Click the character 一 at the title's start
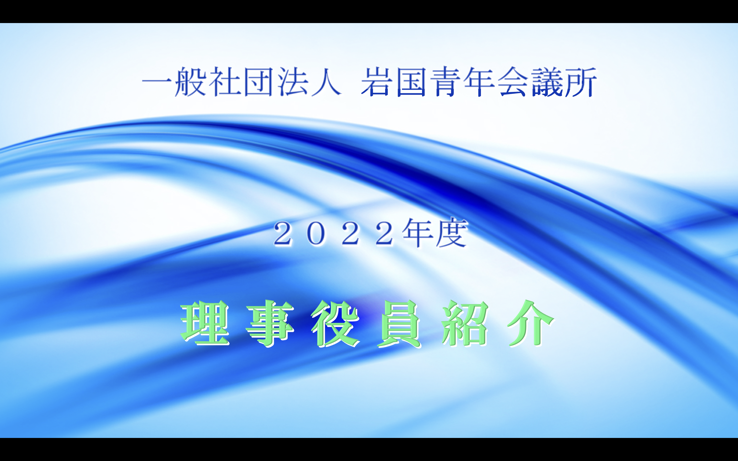pyautogui.click(x=157, y=82)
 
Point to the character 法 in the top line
pyautogui.click(x=292, y=82)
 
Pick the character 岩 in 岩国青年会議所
pyautogui.click(x=376, y=82)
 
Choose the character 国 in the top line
pyautogui.click(x=411, y=82)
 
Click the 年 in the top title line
pyautogui.click(x=479, y=82)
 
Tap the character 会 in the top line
pyautogui.click(x=513, y=82)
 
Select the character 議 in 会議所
pyautogui.click(x=547, y=82)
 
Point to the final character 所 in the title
pyautogui.click(x=581, y=82)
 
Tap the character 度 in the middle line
pyautogui.click(x=452, y=232)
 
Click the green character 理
pyautogui.click(x=205, y=323)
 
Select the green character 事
pyautogui.click(x=270, y=323)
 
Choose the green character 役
pyautogui.click(x=335, y=323)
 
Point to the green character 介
pyautogui.click(x=531, y=323)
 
